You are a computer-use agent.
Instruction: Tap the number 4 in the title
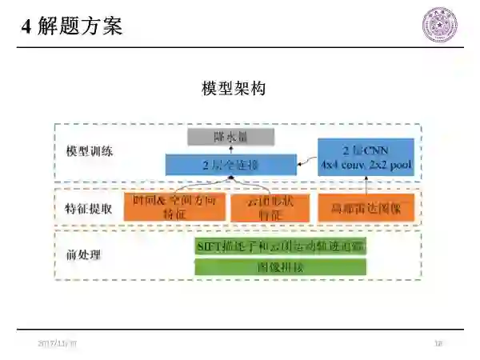coord(26,26)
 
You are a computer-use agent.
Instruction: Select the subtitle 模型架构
coord(233,88)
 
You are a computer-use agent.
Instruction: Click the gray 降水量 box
coord(231,137)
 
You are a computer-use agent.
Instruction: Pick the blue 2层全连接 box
coord(230,166)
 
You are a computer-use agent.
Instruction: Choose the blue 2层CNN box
coord(366,157)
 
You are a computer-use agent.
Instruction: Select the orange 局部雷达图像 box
coord(366,208)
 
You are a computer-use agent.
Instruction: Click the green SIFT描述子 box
coord(281,246)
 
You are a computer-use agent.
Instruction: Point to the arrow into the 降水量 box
coord(231,150)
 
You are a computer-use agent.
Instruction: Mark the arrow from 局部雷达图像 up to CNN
coord(366,185)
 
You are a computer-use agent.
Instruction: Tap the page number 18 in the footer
coord(438,343)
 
